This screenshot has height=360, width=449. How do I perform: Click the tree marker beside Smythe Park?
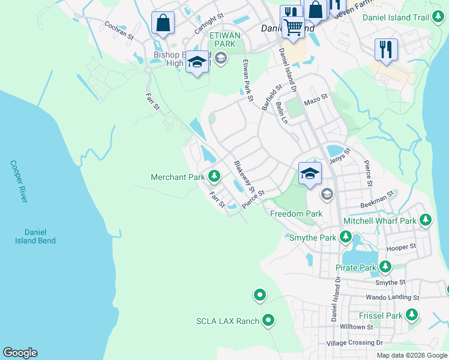tap(346, 238)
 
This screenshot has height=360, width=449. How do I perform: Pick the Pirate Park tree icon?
tap(385, 267)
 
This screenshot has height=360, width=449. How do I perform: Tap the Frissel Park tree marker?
tap(411, 314)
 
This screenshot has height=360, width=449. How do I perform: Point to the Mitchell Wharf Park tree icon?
tap(426, 220)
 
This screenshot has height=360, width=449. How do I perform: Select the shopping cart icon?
tap(292, 26)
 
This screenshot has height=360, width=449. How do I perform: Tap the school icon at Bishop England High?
tap(197, 61)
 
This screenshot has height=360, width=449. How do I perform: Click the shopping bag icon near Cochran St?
tap(163, 23)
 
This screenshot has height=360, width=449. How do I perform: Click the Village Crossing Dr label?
tap(354, 343)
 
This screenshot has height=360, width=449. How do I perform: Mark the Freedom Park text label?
tap(296, 214)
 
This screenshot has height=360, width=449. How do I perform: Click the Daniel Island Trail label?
tap(396, 17)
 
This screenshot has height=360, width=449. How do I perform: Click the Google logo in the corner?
tap(20, 353)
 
